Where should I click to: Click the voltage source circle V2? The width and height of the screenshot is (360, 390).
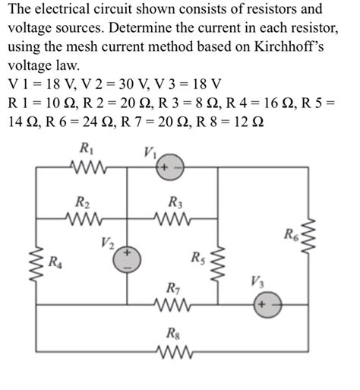128,260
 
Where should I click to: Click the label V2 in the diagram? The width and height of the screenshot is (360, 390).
106,243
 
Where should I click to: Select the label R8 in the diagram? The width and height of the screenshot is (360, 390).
173,333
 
